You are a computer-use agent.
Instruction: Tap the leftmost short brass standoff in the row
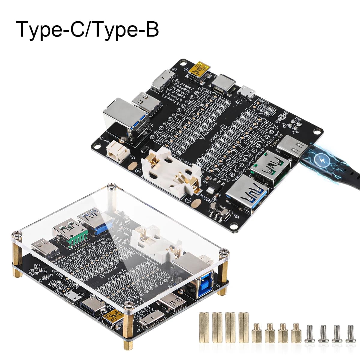point(257,333)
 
